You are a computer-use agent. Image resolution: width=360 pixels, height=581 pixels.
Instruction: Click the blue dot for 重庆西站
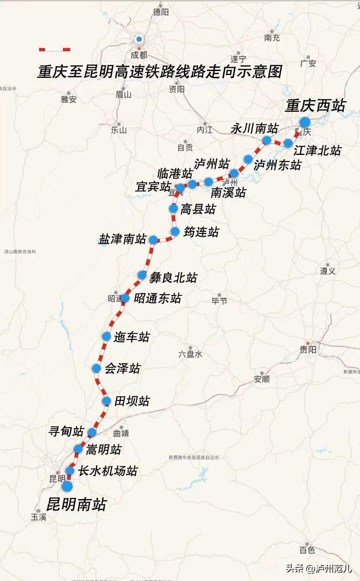click(304, 122)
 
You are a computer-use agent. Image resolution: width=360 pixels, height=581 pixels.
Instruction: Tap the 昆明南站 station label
click(76, 504)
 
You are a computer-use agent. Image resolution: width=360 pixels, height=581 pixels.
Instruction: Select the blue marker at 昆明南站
click(67, 486)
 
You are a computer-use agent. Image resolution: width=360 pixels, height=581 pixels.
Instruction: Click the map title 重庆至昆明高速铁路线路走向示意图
click(159, 72)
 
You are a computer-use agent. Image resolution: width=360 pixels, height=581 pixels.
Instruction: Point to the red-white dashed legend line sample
click(54, 50)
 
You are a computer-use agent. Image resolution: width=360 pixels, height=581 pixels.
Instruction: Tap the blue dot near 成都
click(139, 39)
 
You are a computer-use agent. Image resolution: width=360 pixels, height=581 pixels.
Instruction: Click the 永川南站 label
click(254, 129)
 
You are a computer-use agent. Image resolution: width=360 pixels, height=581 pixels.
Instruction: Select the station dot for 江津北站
click(288, 143)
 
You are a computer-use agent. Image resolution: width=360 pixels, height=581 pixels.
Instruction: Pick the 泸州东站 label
click(277, 165)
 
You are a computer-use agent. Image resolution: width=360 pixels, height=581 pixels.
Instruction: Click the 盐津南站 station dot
click(153, 240)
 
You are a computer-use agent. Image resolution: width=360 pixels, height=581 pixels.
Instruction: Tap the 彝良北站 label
click(173, 278)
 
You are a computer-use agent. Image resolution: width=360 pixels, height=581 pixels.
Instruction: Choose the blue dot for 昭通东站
click(125, 298)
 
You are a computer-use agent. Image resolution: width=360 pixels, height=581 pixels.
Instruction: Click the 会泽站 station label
click(122, 368)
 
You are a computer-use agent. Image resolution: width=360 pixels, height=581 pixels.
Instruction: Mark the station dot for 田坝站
click(107, 401)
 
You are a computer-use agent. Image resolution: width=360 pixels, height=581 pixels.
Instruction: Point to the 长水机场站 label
click(108, 471)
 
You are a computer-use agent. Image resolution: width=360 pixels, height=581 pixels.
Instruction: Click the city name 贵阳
click(308, 349)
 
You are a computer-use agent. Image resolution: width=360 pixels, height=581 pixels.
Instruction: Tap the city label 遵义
click(328, 271)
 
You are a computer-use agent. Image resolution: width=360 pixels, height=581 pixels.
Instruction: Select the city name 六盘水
click(190, 354)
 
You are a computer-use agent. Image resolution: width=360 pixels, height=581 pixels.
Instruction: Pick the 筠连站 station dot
click(175, 232)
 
